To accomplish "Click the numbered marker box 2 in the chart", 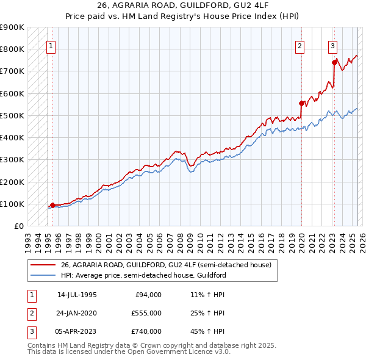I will [300, 45].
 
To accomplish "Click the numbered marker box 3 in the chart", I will [332, 45].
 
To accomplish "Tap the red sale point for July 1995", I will [52, 205].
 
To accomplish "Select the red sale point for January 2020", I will [301, 103].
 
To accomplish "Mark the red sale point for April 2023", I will [334, 62].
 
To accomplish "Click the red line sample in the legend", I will [43, 265].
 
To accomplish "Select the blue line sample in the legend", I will [43, 275].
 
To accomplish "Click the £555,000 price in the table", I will [146, 313].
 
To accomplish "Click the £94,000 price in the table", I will [148, 295].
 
